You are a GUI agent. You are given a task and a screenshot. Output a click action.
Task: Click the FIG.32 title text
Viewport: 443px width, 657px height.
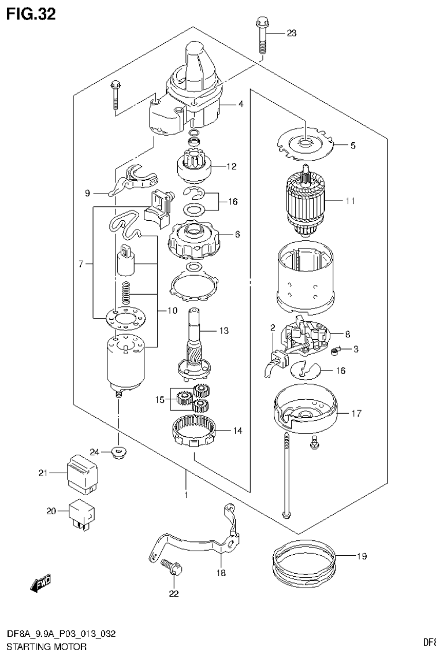31,14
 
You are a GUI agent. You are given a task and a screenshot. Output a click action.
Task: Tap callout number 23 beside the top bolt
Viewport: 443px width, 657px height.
291,34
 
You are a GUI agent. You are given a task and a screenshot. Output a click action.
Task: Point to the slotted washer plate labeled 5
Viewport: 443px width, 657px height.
304,143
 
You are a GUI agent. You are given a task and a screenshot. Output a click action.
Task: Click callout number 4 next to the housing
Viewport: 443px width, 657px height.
241,105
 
